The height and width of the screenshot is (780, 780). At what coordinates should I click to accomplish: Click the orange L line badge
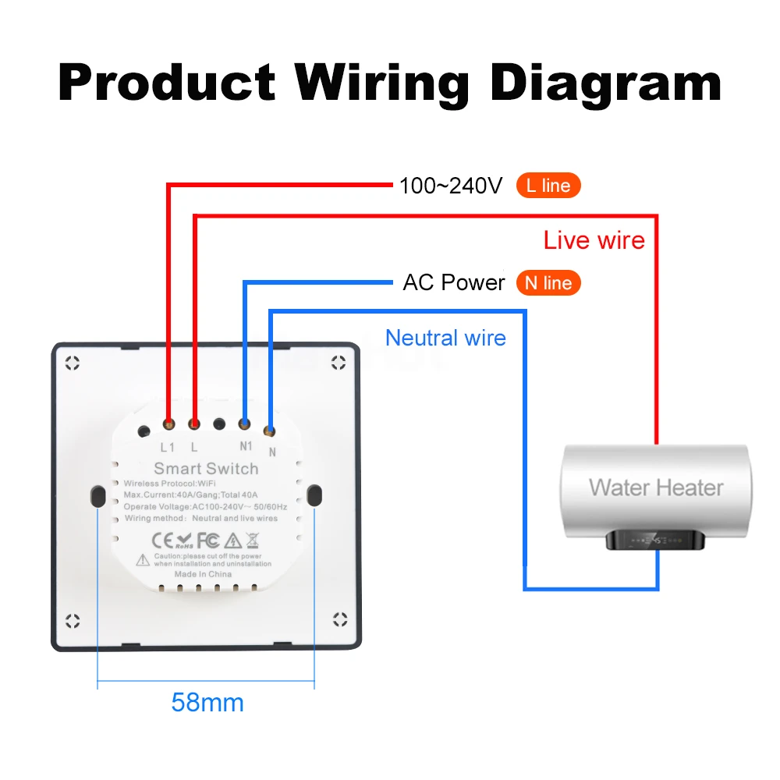click(x=548, y=186)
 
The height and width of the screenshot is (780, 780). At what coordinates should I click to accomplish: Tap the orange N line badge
click(x=548, y=283)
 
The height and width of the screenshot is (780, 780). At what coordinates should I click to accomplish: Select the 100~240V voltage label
click(x=451, y=186)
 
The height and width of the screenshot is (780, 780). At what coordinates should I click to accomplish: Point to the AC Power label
click(x=454, y=282)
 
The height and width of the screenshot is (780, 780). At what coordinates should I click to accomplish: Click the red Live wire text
click(x=594, y=240)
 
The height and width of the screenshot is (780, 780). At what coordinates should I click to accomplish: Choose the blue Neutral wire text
click(x=445, y=339)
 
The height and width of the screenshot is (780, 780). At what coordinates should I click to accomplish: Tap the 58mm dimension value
click(x=207, y=703)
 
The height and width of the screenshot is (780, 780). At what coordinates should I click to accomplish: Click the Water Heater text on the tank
click(x=656, y=487)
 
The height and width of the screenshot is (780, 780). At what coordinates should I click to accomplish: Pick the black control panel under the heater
click(x=655, y=540)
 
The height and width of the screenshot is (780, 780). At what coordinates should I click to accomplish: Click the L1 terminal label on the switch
click(x=168, y=448)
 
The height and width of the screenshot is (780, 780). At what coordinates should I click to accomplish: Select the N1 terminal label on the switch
click(x=246, y=446)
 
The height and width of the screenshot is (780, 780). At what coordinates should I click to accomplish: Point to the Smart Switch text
click(x=206, y=469)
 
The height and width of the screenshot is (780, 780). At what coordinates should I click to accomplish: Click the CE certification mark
click(x=162, y=541)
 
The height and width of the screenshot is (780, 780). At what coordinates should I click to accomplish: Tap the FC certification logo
click(x=208, y=541)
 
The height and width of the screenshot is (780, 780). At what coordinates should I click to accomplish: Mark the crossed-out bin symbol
click(x=253, y=541)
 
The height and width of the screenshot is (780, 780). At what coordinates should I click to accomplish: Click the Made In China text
click(x=203, y=574)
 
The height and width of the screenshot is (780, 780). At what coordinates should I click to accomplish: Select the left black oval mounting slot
click(x=98, y=496)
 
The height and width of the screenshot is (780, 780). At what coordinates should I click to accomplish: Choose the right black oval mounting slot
click(x=314, y=495)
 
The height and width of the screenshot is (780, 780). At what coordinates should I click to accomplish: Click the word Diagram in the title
click(x=605, y=83)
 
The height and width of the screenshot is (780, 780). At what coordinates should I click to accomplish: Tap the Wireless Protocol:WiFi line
click(x=169, y=484)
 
